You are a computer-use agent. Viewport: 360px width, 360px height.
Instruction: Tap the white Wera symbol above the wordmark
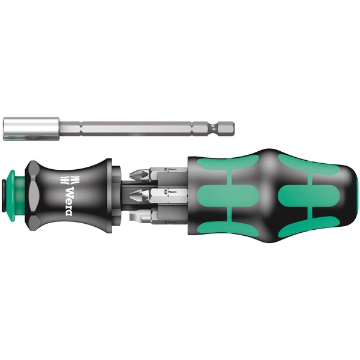[66, 179]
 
